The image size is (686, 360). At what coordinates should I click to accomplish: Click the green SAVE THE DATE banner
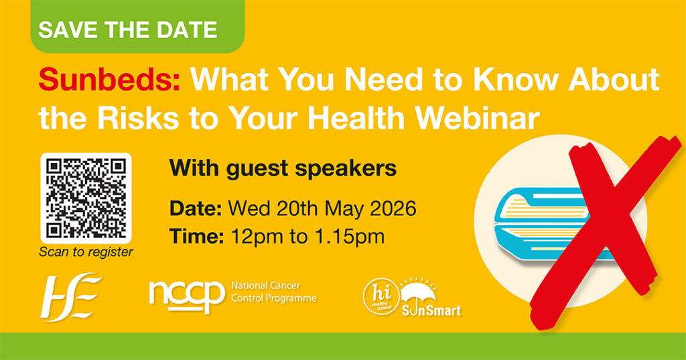pos(137,26)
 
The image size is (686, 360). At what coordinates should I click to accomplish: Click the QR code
pos(86,198)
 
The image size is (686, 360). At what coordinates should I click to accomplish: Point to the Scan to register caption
pos(86,252)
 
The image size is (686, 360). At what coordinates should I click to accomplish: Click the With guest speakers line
pos(283,168)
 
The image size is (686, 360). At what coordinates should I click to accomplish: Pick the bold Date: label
pos(196,208)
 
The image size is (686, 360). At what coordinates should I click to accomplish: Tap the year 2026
pos(393,208)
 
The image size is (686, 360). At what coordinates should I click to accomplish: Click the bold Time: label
pos(197,237)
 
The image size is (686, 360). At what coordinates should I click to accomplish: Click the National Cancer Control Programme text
pos(273,292)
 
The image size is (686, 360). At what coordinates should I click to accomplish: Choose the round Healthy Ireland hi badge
pos(381,297)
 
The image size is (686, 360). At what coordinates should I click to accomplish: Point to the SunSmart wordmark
pos(431,310)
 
